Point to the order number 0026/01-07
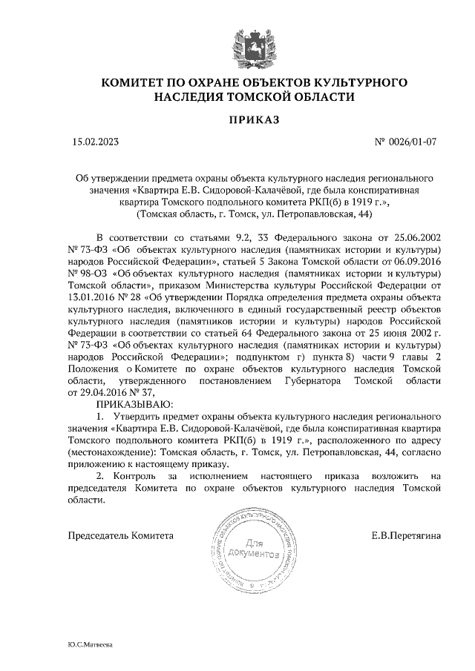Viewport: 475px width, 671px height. tap(416, 142)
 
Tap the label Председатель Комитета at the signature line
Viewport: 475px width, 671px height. tap(120, 535)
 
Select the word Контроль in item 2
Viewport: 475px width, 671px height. tap(137, 475)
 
